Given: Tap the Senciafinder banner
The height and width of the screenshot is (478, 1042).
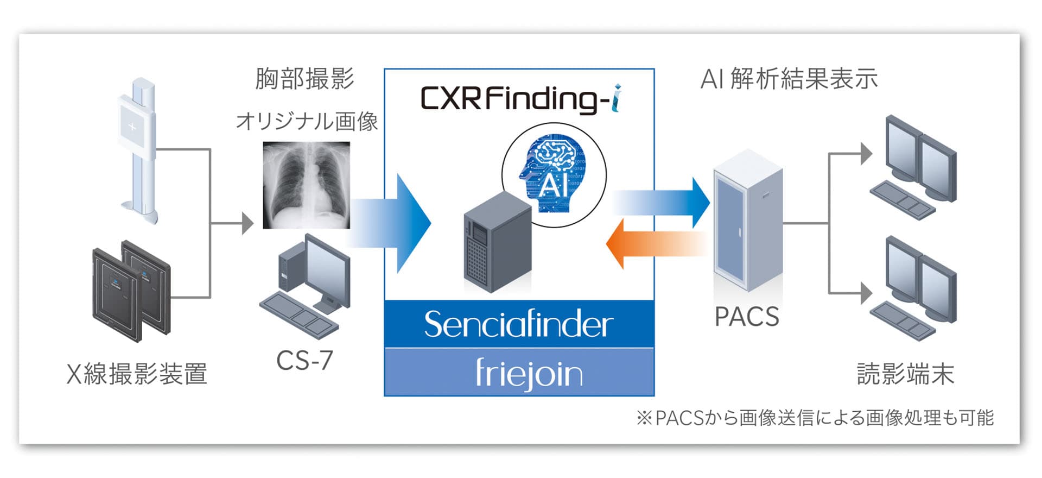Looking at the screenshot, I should click(x=519, y=324).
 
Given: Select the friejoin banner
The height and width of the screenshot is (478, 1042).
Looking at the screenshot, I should click(x=529, y=373).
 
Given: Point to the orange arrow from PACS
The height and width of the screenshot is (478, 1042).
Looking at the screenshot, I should click(x=656, y=243).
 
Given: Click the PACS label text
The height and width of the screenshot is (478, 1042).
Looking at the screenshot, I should click(x=746, y=317).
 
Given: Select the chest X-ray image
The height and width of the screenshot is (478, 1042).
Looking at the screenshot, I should click(x=306, y=185).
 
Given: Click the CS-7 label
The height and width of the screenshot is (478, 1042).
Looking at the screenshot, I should click(x=304, y=360).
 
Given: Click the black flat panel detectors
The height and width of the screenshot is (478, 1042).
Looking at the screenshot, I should click(x=132, y=291).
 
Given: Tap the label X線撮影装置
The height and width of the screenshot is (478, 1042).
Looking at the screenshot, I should click(x=137, y=374).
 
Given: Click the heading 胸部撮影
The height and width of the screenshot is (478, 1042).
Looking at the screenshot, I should click(x=304, y=79).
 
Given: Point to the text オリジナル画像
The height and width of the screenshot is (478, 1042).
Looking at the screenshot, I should click(x=307, y=121).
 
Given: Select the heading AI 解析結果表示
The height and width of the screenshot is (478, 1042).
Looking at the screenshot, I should click(x=789, y=79).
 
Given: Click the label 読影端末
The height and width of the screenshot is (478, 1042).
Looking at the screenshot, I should click(x=905, y=374).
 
